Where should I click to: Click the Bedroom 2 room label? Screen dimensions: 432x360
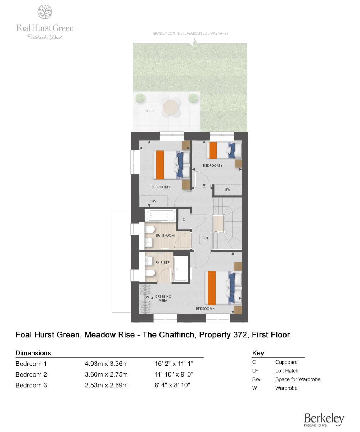(161, 187)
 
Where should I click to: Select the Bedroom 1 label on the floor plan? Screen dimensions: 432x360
(205, 309)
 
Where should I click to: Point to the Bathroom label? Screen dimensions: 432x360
(165, 235)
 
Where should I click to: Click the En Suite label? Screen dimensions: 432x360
(162, 263)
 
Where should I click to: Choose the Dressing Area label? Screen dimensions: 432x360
(163, 298)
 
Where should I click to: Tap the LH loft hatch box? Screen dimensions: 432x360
(206, 238)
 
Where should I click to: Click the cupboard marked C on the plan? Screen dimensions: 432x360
(184, 219)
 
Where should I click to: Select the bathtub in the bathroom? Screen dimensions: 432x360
(160, 216)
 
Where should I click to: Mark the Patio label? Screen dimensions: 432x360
(149, 111)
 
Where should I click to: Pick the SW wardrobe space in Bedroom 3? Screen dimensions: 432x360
(228, 190)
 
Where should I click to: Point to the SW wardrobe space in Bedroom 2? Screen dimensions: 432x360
(154, 201)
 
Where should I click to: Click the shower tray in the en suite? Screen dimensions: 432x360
(181, 269)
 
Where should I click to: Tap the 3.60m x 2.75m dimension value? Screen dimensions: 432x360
(106, 374)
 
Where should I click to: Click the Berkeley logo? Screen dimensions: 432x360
(324, 419)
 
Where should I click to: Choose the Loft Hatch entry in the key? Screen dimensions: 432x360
(287, 371)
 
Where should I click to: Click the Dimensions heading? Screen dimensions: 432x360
(33, 353)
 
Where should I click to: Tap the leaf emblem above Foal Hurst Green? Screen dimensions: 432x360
(45, 12)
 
